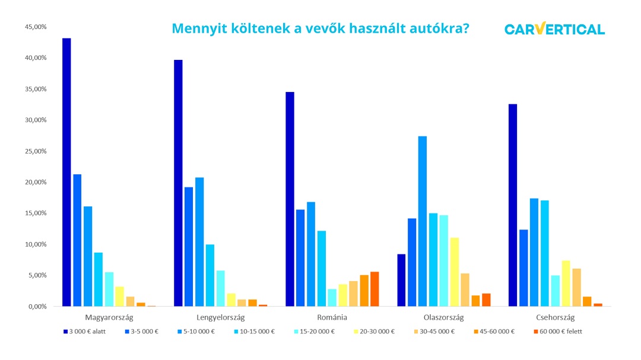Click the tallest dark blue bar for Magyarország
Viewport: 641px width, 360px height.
click(x=66, y=172)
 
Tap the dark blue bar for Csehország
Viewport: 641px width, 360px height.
click(x=513, y=205)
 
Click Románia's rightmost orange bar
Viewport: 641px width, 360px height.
click(x=375, y=289)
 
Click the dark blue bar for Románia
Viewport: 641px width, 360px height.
click(x=290, y=199)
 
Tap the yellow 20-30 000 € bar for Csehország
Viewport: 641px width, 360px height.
click(x=566, y=283)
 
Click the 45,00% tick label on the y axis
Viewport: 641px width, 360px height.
click(x=35, y=27)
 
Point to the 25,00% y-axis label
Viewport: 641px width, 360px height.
click(x=35, y=151)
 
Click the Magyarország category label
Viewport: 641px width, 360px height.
click(x=109, y=317)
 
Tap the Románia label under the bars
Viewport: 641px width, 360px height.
click(x=332, y=317)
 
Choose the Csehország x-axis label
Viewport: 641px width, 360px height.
click(x=556, y=317)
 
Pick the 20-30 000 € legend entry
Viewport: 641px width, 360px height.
click(x=374, y=332)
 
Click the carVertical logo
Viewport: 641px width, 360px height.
click(x=554, y=29)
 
